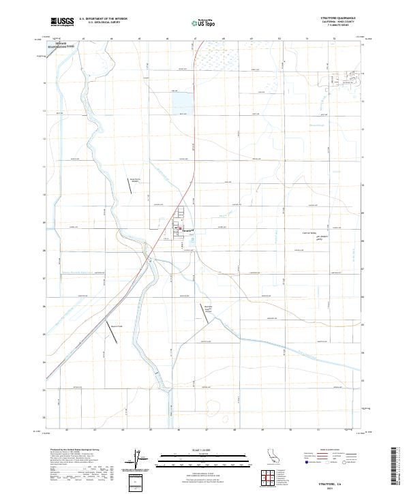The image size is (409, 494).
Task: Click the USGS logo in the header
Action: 63,22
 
